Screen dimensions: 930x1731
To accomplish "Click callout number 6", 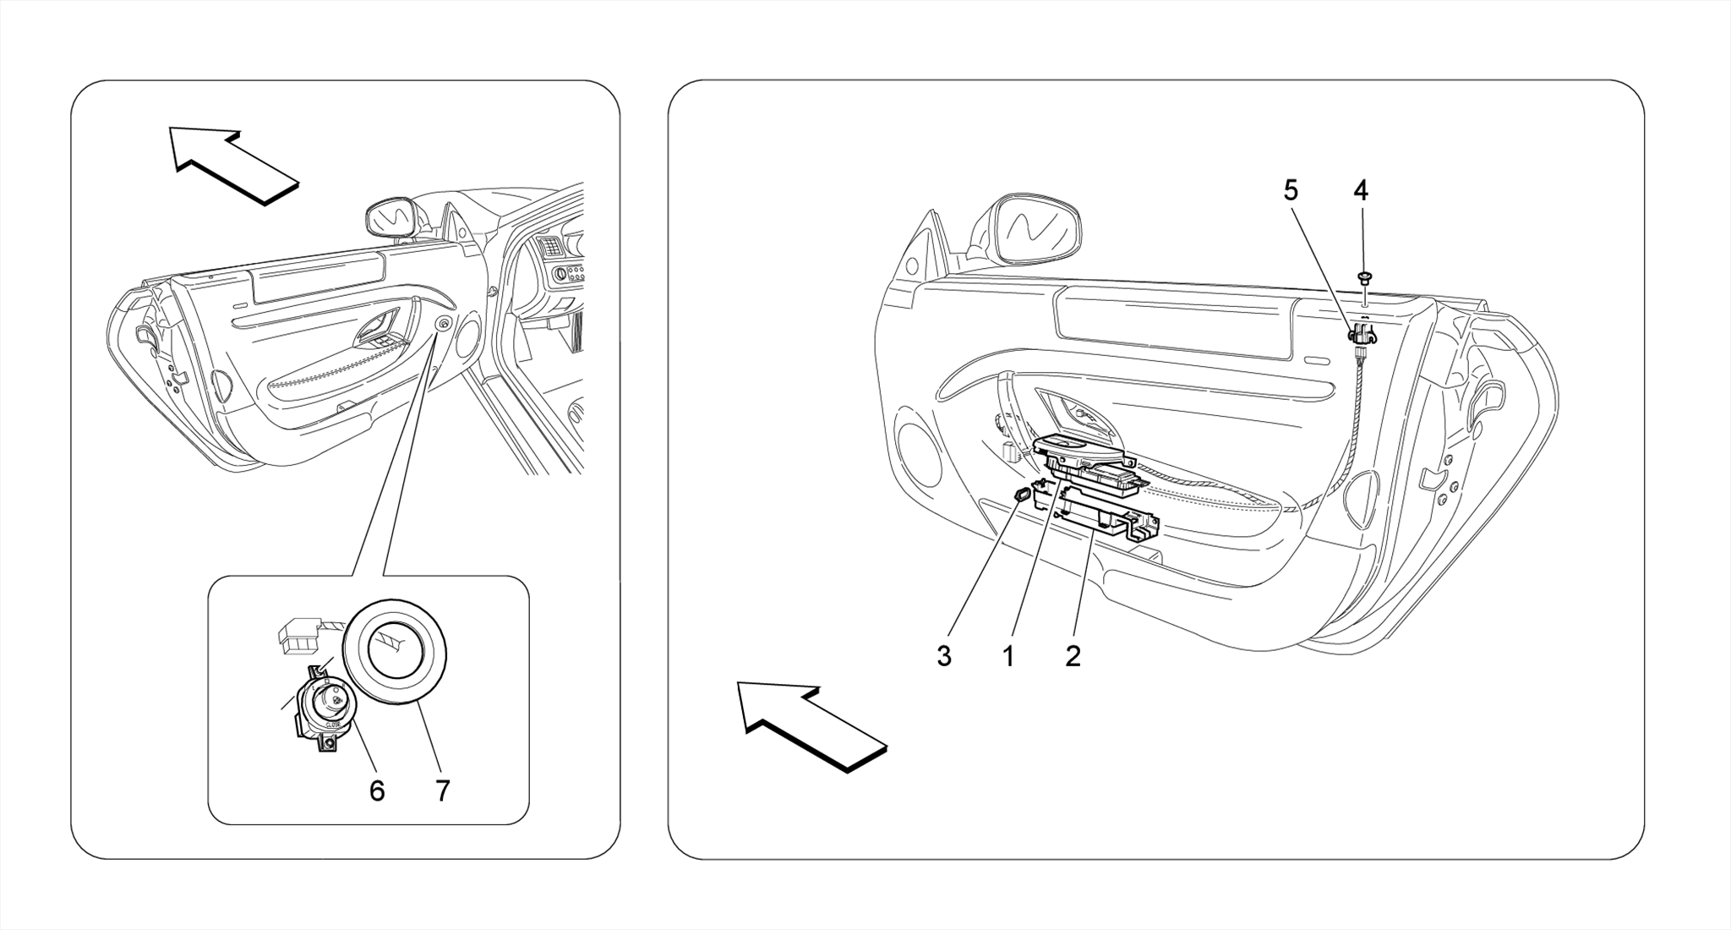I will (x=377, y=790).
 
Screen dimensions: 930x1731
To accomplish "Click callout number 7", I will (x=442, y=790).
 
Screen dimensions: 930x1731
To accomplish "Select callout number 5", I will (x=1291, y=191).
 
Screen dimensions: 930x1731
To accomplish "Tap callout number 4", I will (x=1360, y=191).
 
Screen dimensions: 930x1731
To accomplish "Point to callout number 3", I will (x=944, y=655).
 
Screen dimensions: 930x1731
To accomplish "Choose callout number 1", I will (x=1008, y=655).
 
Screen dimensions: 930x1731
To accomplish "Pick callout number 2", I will (x=1073, y=655).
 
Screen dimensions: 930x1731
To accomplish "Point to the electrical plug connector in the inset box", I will (x=298, y=635).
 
